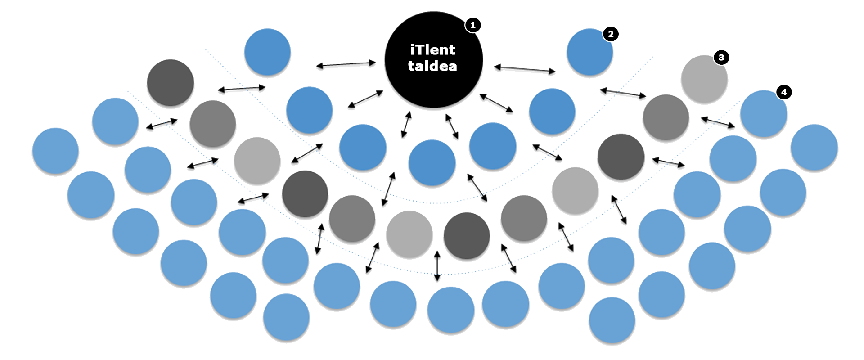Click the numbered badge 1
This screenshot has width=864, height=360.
coord(472,26)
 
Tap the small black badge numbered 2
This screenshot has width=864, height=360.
coord(610,34)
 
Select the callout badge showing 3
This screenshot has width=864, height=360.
coord(721,57)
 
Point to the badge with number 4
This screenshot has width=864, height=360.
coord(784,92)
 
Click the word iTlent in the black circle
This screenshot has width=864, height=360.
coord(433,49)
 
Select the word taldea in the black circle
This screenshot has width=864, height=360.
coord(432,66)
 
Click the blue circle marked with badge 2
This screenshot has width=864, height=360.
coord(589,52)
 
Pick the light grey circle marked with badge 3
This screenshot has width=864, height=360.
coord(704,79)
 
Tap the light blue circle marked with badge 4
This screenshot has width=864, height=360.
coord(764,114)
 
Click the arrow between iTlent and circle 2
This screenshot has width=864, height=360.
coord(525,69)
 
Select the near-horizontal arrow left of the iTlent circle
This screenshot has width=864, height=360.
coord(346,64)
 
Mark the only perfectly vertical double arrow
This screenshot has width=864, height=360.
coord(437,266)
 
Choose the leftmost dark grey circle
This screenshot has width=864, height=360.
coord(171,83)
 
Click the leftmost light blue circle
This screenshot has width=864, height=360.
coord(55,151)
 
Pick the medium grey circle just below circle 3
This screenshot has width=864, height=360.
coord(666,118)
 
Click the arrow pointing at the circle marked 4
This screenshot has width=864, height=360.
coord(718,122)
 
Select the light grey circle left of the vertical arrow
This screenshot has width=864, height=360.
coord(409,234)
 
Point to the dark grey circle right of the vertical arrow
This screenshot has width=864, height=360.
coord(467,236)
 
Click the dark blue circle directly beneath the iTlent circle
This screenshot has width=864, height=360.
coord(432,163)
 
